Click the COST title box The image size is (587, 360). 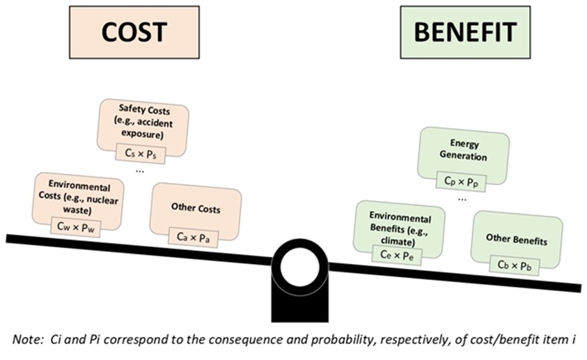pos(134,32)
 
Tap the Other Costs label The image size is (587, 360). pos(195,208)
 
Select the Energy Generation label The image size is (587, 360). pos(463,150)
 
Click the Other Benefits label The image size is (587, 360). pos(516,241)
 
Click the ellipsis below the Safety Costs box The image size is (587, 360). pos(141,170)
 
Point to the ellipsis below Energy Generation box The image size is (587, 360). pos(462,198)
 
